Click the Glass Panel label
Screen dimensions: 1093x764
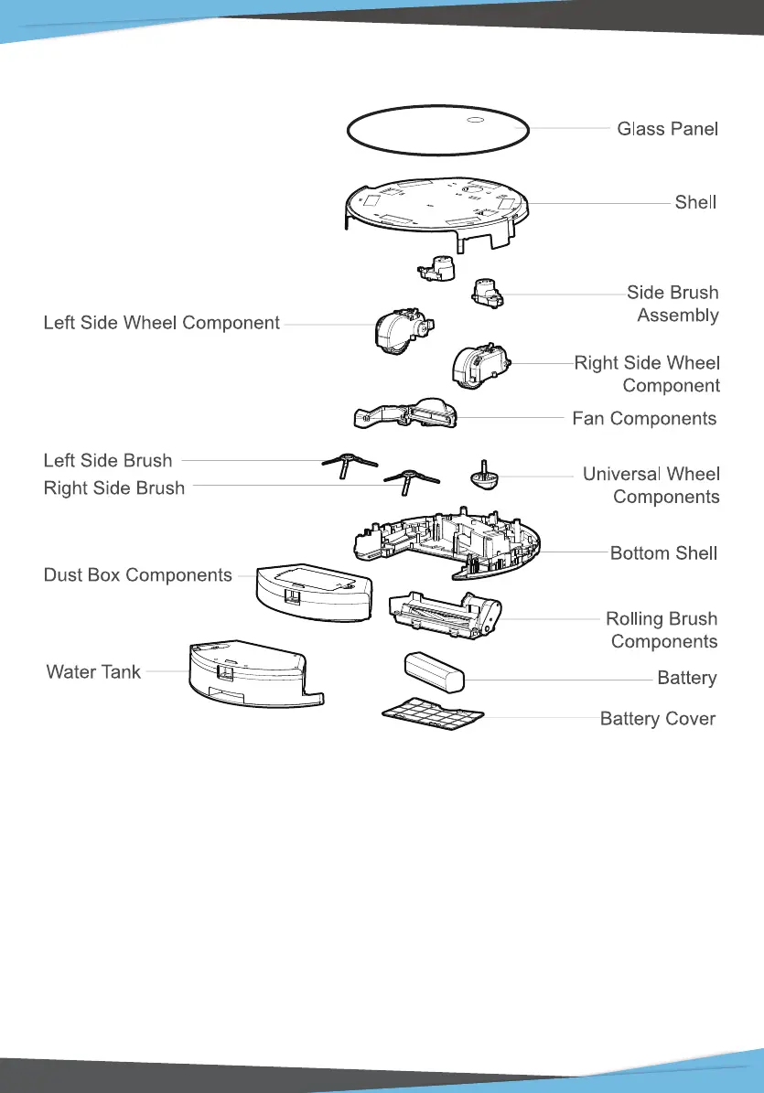667,129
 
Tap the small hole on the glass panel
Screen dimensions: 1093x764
475,120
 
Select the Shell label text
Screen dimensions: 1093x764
695,202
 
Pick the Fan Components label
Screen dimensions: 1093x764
644,419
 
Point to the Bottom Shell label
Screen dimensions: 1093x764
663,553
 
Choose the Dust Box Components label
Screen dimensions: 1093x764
138,575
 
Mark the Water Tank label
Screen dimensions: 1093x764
93,672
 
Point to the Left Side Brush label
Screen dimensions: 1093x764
108,460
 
